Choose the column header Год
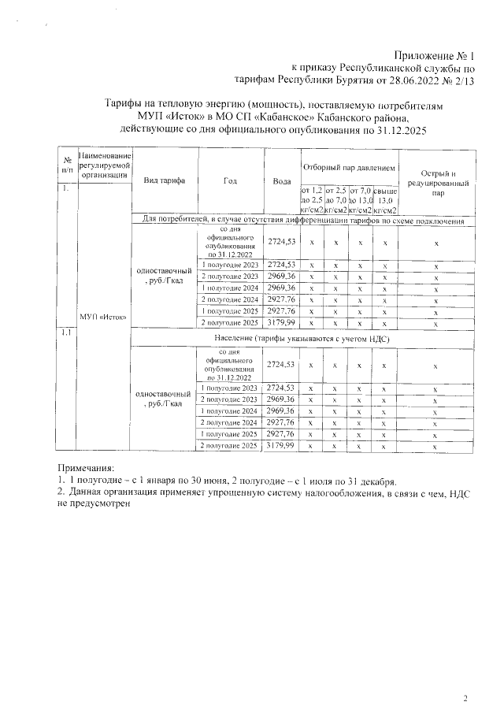[x=230, y=180]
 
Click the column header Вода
[x=281, y=180]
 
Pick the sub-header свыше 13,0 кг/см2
[x=385, y=200]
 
